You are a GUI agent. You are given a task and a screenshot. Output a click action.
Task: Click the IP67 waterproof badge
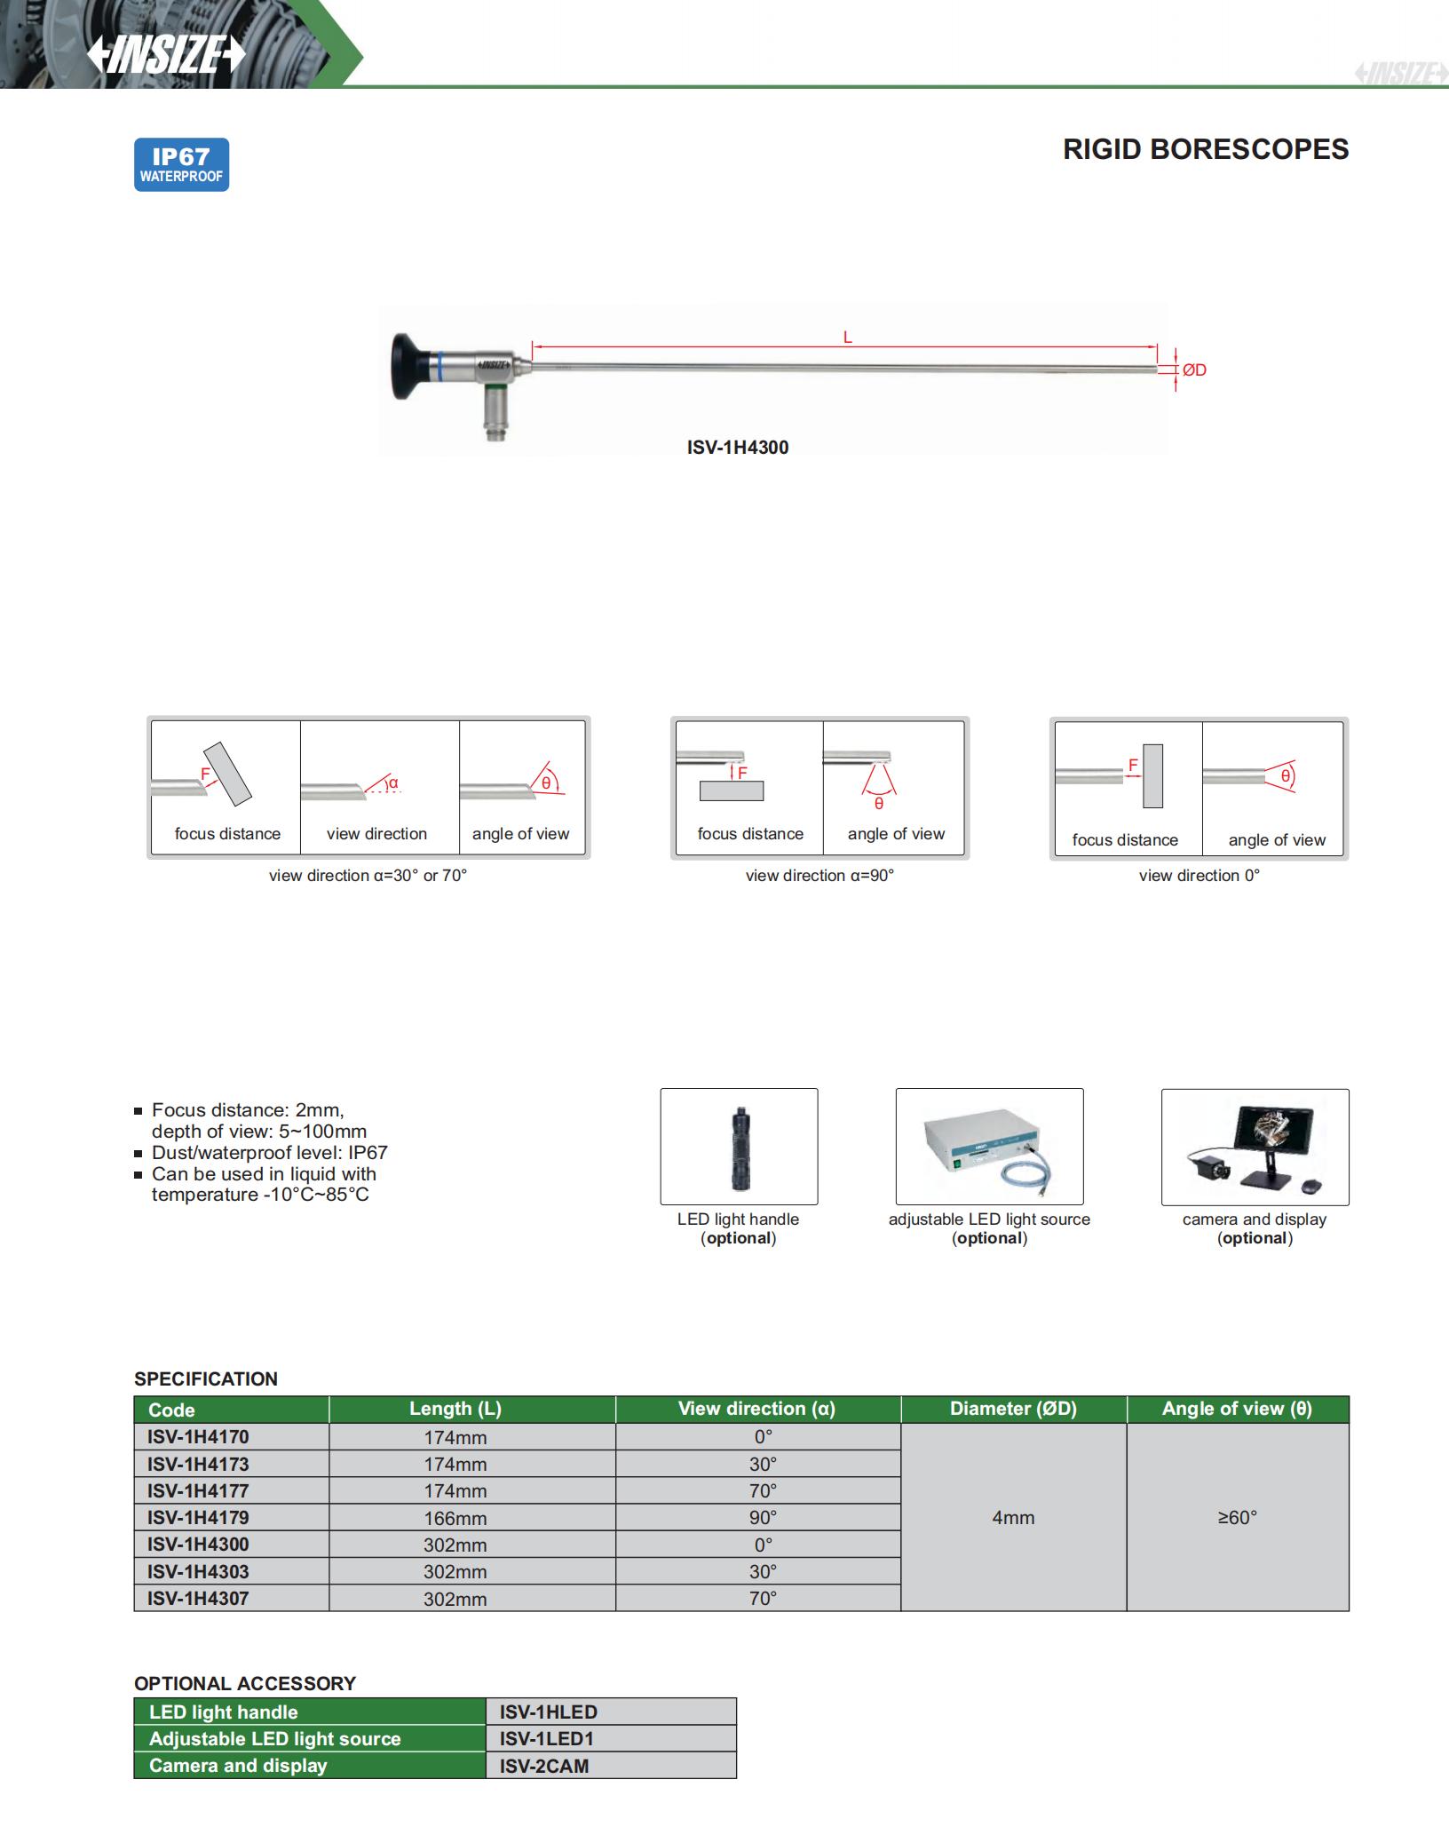181,165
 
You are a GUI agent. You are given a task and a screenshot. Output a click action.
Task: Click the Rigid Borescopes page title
1205,149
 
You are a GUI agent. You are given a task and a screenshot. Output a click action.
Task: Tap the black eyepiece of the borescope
409,366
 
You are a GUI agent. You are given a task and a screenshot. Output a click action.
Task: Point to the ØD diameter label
1194,370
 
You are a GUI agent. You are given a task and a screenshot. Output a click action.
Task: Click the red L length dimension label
847,338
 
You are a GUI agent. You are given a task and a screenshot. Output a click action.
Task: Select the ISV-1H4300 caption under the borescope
737,448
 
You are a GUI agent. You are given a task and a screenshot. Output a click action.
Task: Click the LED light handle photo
739,1147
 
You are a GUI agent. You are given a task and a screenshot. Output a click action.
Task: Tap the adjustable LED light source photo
989,1147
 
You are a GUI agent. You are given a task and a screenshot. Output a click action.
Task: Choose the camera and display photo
1255,1148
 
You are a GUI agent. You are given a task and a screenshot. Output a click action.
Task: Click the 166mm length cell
455,1518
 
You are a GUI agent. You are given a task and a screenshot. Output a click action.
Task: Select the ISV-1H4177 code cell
198,1490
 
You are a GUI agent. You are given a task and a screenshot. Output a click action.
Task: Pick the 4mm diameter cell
1013,1518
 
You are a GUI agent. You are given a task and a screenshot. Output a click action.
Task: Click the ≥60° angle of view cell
1237,1518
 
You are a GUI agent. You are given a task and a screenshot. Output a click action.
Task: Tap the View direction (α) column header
756,1409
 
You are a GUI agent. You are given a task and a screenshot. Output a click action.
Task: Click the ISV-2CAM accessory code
544,1766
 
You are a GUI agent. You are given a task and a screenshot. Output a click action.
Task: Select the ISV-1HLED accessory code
548,1712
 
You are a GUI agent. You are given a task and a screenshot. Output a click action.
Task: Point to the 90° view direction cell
763,1517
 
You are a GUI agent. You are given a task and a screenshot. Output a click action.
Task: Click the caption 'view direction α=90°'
820,876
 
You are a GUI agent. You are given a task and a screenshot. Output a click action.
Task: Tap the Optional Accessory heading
245,1683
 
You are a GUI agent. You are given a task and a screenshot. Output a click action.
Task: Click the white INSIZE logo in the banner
166,55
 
